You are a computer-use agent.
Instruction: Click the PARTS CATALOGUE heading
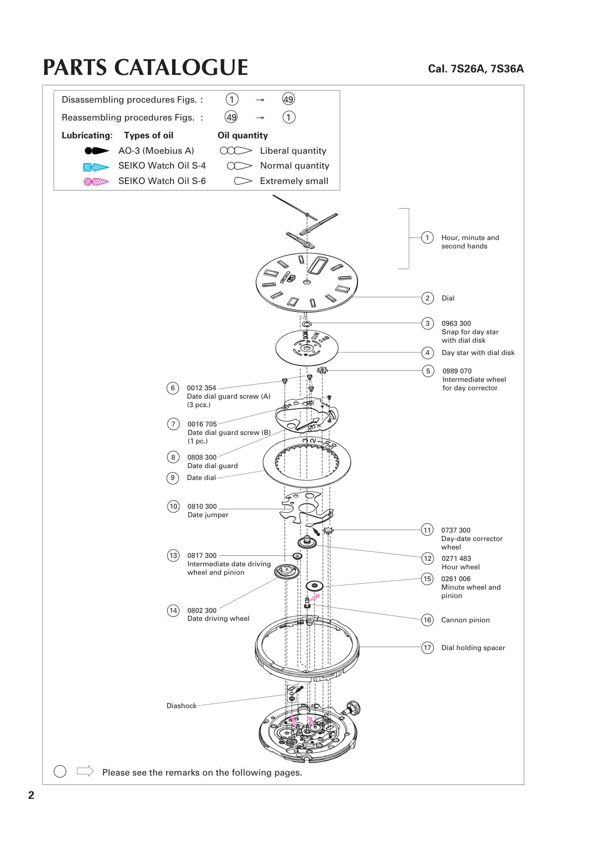click(x=145, y=68)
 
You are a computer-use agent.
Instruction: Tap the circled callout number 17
click(x=427, y=648)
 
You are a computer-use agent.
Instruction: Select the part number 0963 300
click(x=456, y=324)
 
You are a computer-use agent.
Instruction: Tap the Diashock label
click(x=181, y=706)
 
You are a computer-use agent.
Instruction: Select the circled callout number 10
click(x=173, y=506)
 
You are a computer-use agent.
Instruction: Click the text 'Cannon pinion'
click(x=465, y=620)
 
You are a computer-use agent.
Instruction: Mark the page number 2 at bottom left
click(x=31, y=795)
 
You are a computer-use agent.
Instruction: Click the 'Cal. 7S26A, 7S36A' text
click(x=476, y=69)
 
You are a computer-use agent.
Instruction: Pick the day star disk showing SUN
click(x=306, y=347)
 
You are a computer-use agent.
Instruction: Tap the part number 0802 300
click(x=202, y=610)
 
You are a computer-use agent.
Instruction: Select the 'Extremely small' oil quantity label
click(x=294, y=181)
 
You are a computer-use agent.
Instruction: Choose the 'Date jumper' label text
click(x=208, y=515)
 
